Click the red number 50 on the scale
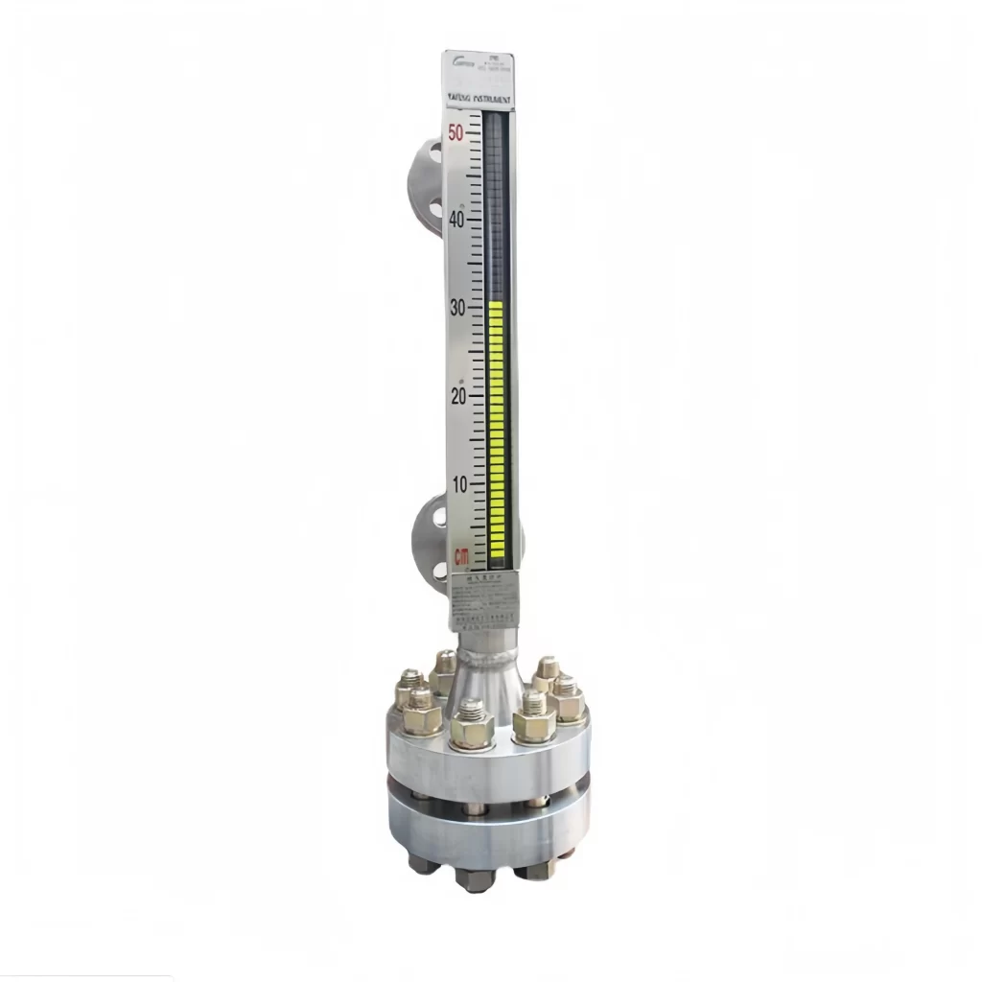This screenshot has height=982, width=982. pyautogui.click(x=456, y=132)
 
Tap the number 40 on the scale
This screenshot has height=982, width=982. pyautogui.click(x=456, y=219)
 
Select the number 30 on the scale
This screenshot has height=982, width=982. pyautogui.click(x=458, y=308)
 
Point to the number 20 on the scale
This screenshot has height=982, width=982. pyautogui.click(x=459, y=396)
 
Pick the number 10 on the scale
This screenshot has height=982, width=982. pyautogui.click(x=460, y=484)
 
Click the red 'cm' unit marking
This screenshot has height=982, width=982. pyautogui.click(x=462, y=555)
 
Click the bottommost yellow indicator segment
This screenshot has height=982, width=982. pyautogui.click(x=497, y=553)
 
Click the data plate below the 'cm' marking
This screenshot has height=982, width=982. pyautogui.click(x=483, y=598)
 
